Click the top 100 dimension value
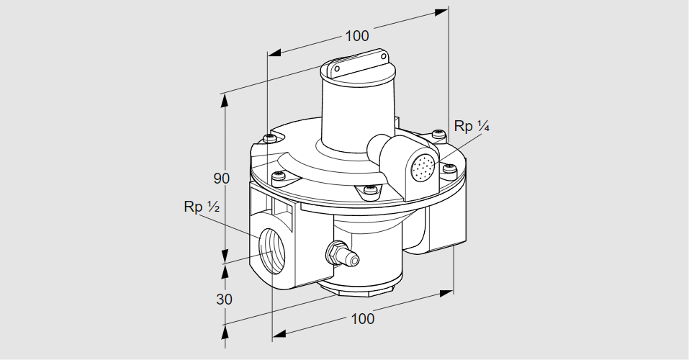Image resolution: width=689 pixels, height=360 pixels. click(356, 36)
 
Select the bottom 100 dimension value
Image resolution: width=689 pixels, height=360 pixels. click(362, 318)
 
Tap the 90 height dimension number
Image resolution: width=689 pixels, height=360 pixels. click(224, 179)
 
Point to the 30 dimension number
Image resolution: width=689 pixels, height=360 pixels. click(225, 298)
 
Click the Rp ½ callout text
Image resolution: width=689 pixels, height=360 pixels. click(201, 207)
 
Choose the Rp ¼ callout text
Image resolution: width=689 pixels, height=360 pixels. click(472, 127)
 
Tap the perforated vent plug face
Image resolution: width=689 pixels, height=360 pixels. click(423, 168)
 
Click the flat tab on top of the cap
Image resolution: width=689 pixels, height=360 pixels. click(358, 63)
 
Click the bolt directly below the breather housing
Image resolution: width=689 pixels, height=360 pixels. click(370, 190)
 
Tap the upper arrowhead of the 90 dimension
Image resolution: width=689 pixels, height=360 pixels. click(225, 100)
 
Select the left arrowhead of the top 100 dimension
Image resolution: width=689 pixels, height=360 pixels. click(274, 53)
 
